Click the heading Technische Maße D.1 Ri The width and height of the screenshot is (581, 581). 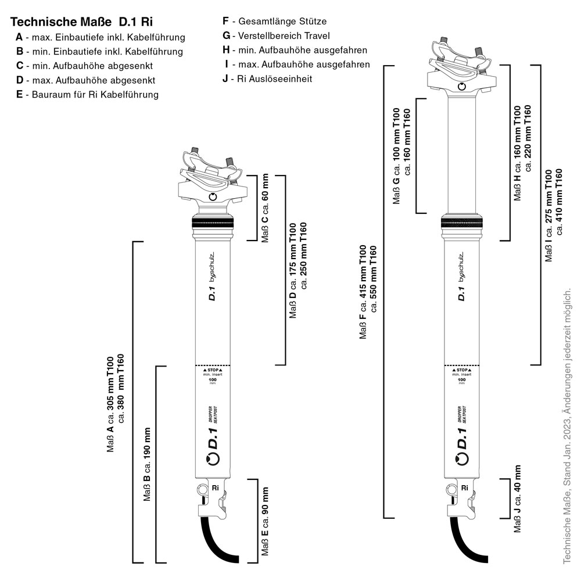coord(82,23)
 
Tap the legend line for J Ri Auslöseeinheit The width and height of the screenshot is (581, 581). coord(267,78)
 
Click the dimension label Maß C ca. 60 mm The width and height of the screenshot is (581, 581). coord(266,207)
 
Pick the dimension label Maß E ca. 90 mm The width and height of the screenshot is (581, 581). coord(265,522)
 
